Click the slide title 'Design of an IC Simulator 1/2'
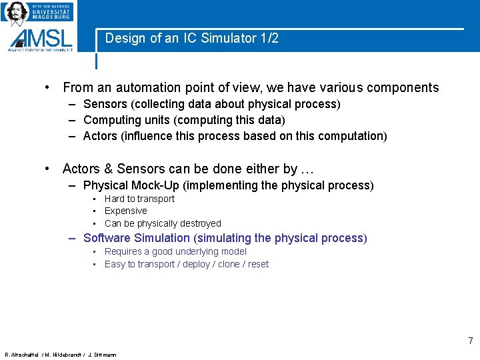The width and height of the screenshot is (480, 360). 191,39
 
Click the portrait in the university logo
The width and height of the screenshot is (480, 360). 17,12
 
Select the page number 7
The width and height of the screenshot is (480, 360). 470,341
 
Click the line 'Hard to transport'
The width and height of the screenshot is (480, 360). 139,199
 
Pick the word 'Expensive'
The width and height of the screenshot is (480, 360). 126,211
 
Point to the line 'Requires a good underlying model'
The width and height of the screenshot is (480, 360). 175,251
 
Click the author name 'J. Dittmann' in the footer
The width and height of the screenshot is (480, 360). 102,355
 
